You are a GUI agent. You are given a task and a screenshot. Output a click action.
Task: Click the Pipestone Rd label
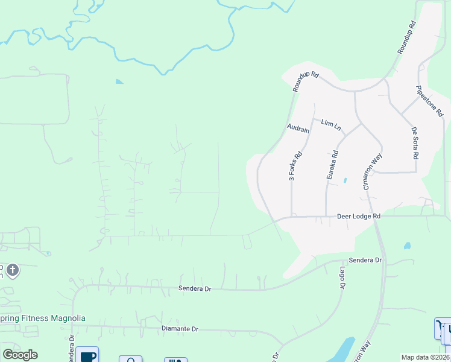click(x=430, y=101)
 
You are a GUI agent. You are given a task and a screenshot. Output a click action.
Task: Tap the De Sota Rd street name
click(x=415, y=142)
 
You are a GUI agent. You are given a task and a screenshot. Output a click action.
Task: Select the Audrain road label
click(x=298, y=129)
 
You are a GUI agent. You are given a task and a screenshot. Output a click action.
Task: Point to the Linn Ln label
click(x=331, y=125)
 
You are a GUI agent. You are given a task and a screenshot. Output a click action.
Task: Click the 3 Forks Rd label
click(x=295, y=166)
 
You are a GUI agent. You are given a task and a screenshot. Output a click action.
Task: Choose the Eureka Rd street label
click(x=333, y=165)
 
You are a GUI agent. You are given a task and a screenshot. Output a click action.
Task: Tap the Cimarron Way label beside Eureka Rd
click(x=373, y=171)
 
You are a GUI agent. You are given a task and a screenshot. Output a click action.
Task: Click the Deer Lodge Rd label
click(x=359, y=216)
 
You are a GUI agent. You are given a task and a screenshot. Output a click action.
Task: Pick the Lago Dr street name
click(x=341, y=278)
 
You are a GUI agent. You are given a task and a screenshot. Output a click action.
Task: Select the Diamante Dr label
click(x=180, y=329)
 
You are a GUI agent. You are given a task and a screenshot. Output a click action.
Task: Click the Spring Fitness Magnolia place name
click(x=43, y=318)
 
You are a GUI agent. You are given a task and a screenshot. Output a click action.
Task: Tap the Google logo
click(x=20, y=355)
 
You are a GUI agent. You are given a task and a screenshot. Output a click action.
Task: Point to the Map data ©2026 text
click(x=425, y=357)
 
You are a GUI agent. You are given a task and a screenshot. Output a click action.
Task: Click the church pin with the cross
click(x=13, y=270)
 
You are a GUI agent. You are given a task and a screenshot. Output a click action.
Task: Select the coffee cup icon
click(x=88, y=355)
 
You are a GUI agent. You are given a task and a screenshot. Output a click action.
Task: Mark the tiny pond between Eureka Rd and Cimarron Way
click(x=345, y=180)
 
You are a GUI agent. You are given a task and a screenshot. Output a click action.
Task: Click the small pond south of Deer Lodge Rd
click(x=408, y=246)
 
